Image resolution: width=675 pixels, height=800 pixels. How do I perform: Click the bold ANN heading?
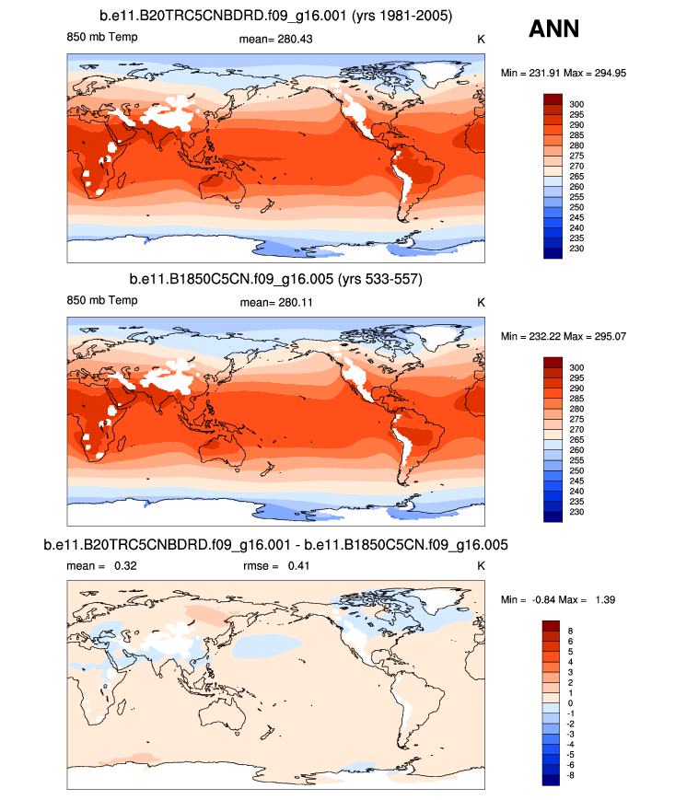[553, 29]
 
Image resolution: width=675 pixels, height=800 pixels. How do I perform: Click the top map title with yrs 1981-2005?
[275, 17]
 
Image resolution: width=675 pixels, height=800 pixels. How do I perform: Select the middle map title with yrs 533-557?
[275, 278]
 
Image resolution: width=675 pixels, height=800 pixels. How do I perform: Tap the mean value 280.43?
[275, 39]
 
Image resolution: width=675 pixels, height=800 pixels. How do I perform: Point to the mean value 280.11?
[275, 302]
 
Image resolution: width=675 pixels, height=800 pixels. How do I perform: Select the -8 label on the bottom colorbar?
[576, 775]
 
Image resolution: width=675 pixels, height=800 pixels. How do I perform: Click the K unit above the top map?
[480, 39]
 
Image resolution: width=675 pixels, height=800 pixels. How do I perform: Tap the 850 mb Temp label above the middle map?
[102, 302]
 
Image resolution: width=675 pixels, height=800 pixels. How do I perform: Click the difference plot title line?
[275, 545]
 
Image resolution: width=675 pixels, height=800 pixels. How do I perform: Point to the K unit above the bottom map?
[480, 566]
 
